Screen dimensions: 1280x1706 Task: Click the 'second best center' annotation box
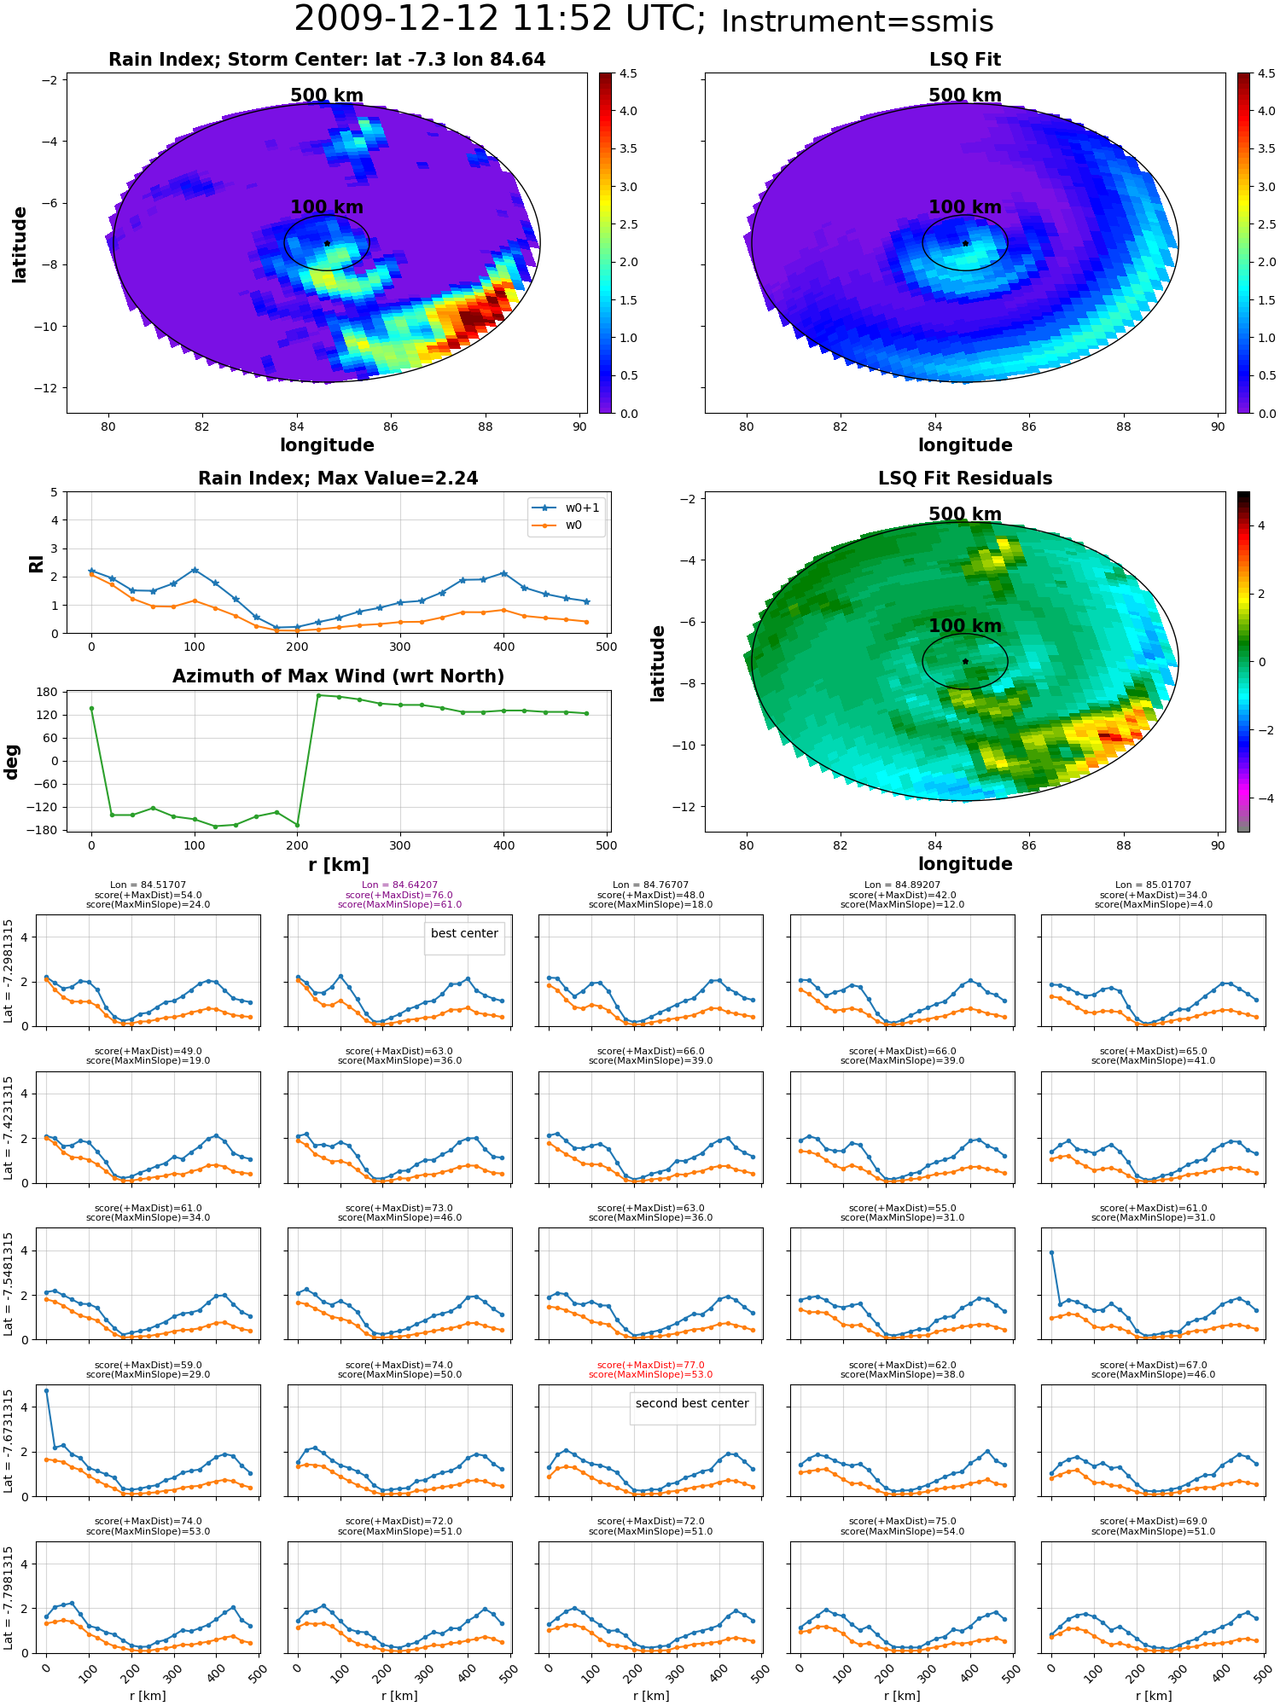click(692, 1403)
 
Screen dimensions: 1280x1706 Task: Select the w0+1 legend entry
click(567, 508)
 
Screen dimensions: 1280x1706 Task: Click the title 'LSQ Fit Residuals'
click(965, 479)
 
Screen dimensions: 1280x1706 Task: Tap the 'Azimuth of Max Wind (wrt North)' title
click(338, 676)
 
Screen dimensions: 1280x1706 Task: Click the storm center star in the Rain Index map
click(327, 243)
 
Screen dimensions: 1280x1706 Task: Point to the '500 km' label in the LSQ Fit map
click(965, 96)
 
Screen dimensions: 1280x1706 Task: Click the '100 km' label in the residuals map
click(965, 626)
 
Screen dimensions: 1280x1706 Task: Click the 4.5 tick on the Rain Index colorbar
click(628, 73)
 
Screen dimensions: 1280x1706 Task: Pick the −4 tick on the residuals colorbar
click(1261, 798)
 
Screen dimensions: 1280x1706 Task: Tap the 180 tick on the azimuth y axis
click(48, 692)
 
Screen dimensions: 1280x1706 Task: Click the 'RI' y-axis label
click(36, 563)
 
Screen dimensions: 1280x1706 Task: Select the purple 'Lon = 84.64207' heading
click(399, 885)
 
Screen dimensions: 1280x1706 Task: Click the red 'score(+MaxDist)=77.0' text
click(650, 1365)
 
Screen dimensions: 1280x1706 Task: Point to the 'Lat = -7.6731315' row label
click(9, 1441)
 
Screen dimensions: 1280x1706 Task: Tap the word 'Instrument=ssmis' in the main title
click(858, 21)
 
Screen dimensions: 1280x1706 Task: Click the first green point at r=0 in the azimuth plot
click(91, 708)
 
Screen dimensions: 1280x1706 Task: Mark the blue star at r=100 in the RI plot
click(195, 570)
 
